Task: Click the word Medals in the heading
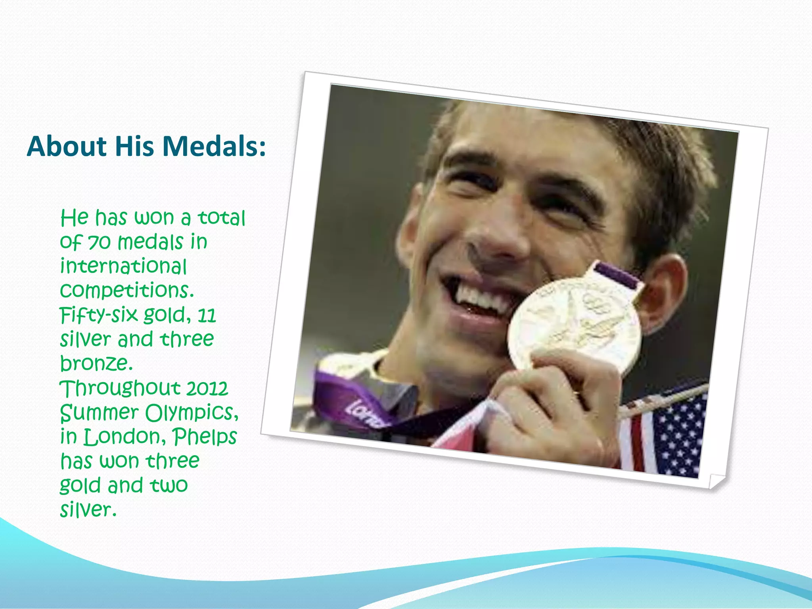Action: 214,146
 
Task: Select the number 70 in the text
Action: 99,242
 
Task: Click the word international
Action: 123,266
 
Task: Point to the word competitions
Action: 127,291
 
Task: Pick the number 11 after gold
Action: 207,315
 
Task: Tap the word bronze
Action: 96,363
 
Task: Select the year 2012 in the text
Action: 207,388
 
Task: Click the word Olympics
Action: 192,413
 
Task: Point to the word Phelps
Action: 205,437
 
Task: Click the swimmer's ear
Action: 662,293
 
